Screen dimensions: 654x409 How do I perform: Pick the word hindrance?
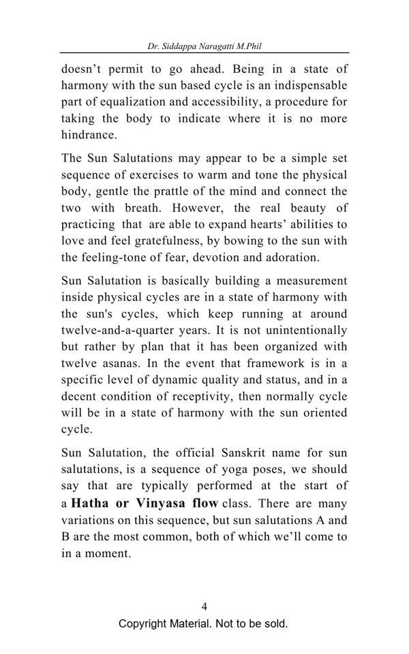point(89,135)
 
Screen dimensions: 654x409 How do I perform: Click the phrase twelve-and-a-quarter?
point(116,330)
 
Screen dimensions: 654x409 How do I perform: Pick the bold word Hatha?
point(91,503)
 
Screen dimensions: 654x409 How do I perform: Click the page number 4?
point(204,606)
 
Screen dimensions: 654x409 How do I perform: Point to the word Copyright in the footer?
point(143,624)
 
